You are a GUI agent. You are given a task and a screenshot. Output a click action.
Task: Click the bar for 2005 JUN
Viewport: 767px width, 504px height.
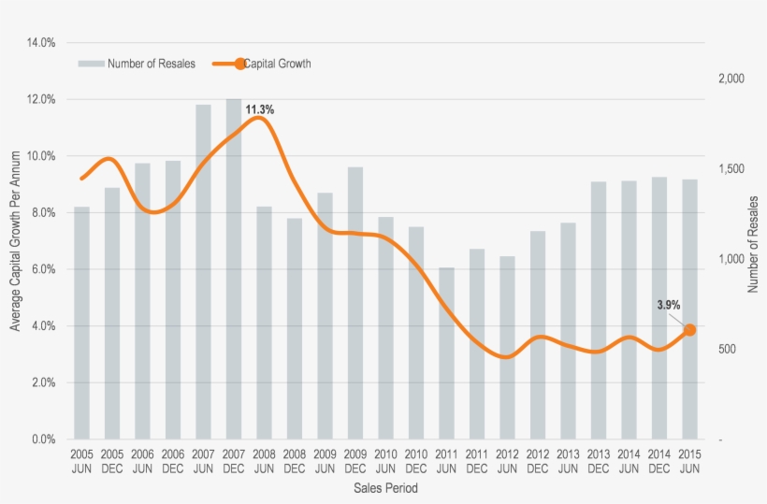coord(81,323)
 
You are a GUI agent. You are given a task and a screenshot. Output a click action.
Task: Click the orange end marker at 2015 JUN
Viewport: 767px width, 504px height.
coord(689,329)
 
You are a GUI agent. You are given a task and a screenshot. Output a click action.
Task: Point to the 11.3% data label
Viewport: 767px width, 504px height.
coord(260,109)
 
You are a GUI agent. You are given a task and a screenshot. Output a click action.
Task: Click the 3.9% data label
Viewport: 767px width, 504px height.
coord(668,305)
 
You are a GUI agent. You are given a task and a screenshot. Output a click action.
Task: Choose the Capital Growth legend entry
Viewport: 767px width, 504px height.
coord(277,64)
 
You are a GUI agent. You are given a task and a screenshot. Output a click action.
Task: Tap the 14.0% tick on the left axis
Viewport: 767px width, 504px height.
coord(41,43)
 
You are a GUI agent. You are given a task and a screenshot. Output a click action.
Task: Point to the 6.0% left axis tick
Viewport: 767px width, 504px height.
coord(41,269)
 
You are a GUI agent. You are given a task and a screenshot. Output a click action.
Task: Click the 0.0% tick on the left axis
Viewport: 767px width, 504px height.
coord(41,439)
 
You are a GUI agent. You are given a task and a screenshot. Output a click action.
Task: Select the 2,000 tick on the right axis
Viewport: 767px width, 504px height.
coord(731,79)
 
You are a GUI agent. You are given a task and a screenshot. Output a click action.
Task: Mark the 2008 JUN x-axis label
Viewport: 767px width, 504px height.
coord(264,461)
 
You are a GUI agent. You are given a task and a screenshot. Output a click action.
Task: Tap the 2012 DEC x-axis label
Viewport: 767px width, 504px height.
coord(537,461)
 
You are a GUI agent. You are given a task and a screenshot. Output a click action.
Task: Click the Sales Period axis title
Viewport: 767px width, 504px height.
coord(385,488)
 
